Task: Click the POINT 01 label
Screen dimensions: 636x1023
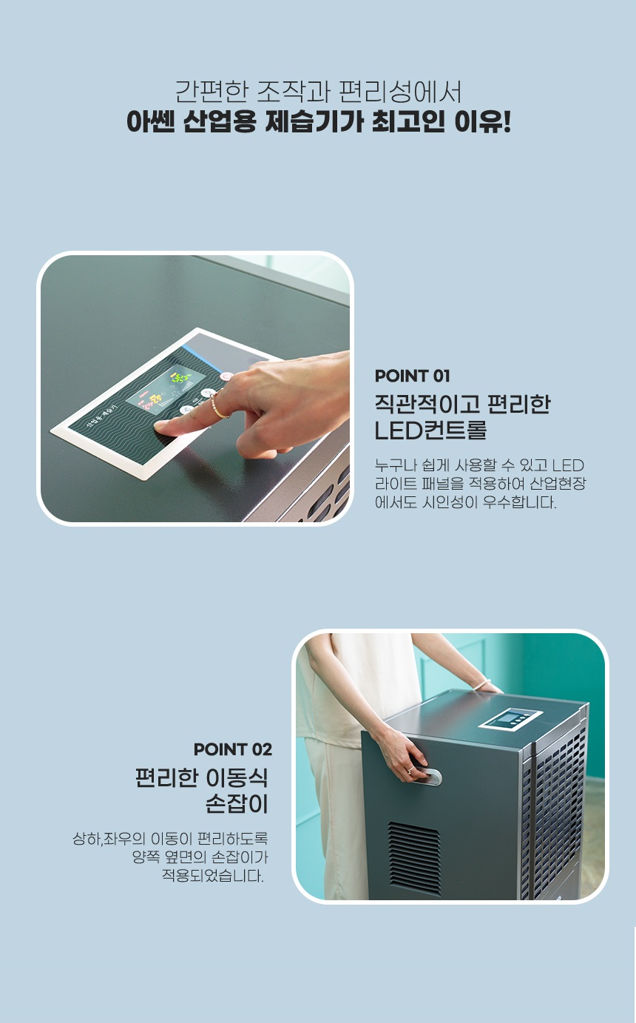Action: click(412, 376)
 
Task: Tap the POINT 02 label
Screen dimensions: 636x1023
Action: click(233, 749)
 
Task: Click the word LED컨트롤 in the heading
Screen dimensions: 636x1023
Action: click(430, 431)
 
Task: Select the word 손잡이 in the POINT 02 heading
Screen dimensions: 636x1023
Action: click(237, 804)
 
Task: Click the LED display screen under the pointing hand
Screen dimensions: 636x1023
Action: click(166, 388)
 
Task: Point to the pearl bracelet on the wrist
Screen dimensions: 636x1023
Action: click(481, 684)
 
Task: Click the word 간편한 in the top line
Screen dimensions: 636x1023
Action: click(212, 91)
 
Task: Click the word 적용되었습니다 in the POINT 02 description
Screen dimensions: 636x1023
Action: click(213, 876)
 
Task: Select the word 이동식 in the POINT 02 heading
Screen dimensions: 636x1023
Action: click(237, 777)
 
